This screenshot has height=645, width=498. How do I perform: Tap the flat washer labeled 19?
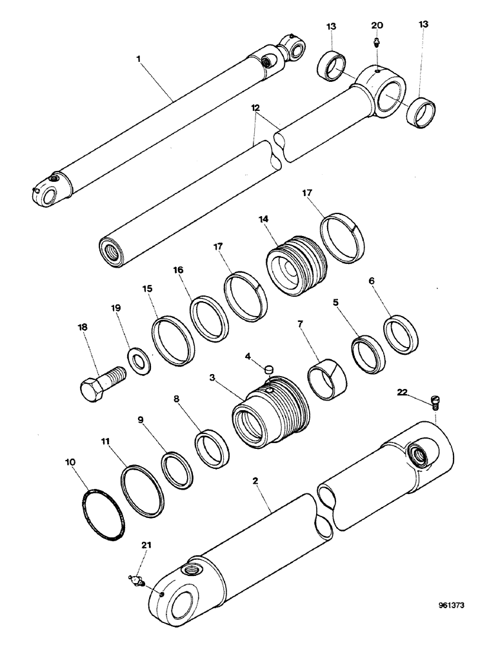pyautogui.click(x=138, y=360)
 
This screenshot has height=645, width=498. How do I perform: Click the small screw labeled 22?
pyautogui.click(x=434, y=403)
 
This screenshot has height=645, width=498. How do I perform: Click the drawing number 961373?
pyautogui.click(x=452, y=606)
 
